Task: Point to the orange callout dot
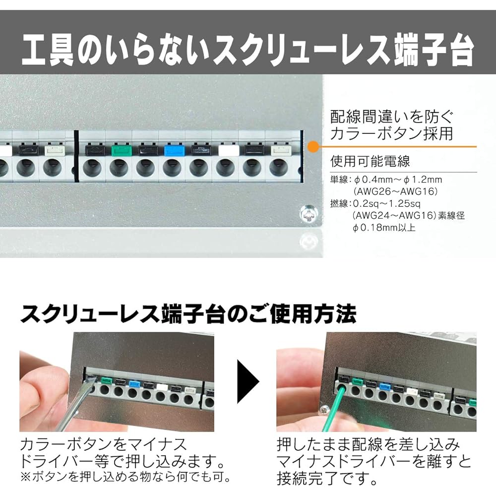pyautogui.click(x=313, y=146)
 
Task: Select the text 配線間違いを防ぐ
pyautogui.click(x=392, y=117)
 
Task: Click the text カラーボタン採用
pyautogui.click(x=392, y=134)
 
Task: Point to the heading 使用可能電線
pyautogui.click(x=370, y=161)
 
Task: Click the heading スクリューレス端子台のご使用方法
pyautogui.click(x=188, y=314)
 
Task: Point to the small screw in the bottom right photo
pyautogui.click(x=324, y=410)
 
